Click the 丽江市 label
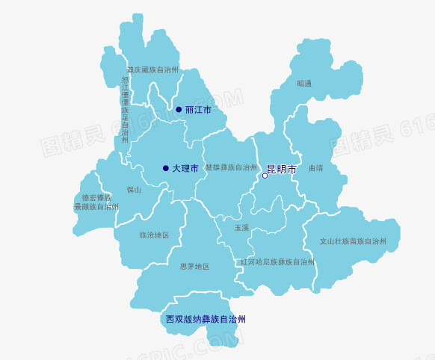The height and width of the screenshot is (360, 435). (198, 110)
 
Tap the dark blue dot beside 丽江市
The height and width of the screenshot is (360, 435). (179, 110)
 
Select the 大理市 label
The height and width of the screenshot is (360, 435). (185, 169)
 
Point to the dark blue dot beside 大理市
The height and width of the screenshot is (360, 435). (165, 168)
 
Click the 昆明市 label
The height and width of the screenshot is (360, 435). (282, 170)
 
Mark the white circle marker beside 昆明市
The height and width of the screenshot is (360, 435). (265, 176)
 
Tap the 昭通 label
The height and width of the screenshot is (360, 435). (304, 84)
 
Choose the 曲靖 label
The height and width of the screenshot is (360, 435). (315, 168)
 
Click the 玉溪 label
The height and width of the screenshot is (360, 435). (241, 227)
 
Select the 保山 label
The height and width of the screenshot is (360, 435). (134, 190)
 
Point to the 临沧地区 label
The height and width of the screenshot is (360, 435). (154, 235)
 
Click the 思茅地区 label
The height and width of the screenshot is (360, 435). (194, 266)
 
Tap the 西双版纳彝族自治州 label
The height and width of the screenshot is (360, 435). (206, 319)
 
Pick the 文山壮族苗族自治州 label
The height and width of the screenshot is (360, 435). (353, 241)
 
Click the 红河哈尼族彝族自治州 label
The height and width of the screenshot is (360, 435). (277, 262)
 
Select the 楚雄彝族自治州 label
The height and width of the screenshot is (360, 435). (231, 167)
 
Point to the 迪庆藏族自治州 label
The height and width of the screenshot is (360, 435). (152, 69)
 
